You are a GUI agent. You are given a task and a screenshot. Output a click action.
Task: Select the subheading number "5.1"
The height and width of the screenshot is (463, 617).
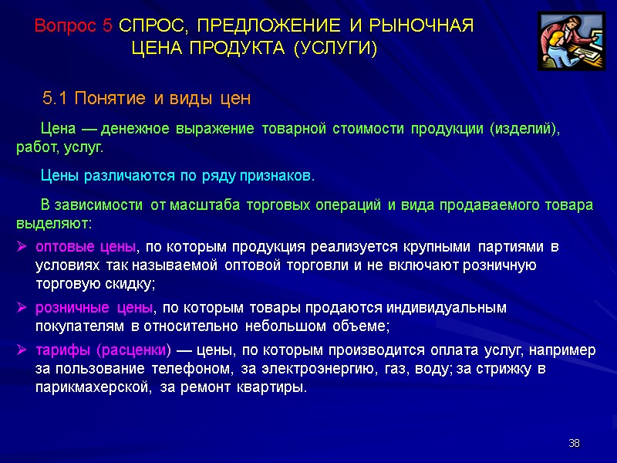(56, 99)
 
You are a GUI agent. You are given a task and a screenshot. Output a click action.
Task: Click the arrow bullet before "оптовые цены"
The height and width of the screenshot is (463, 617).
(22, 247)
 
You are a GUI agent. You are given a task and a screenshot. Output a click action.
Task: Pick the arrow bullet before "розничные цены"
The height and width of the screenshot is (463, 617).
(22, 307)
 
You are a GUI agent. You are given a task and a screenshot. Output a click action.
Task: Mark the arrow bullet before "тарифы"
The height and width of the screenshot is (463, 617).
(22, 350)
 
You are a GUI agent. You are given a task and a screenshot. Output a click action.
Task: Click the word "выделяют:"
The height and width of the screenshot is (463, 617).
(53, 224)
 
